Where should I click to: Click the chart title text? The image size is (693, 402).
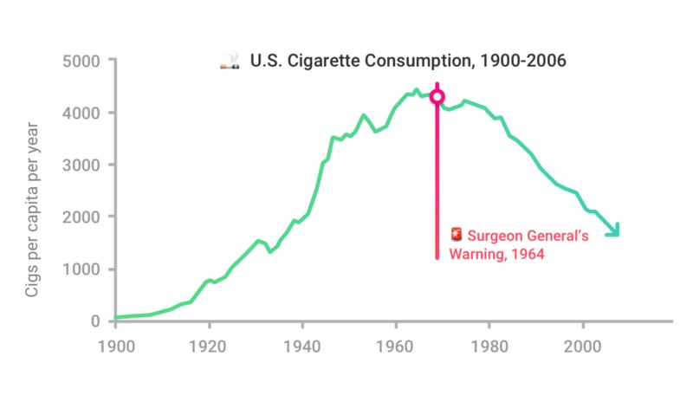(408, 61)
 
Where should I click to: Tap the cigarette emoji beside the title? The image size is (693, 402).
(230, 62)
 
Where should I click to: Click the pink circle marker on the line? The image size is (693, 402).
(437, 96)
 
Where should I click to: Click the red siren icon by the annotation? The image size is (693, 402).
(457, 235)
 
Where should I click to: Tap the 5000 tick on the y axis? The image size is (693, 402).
(81, 61)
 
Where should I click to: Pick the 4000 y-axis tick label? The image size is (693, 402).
(81, 113)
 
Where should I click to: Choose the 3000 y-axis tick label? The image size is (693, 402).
(81, 165)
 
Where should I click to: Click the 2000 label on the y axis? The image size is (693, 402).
(81, 217)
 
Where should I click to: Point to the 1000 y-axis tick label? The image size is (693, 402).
(81, 269)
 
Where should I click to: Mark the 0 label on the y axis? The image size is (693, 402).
(95, 321)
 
